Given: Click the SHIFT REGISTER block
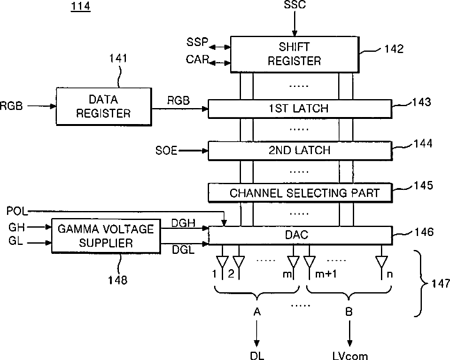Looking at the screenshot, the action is [x=295, y=54].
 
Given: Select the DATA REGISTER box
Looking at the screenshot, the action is [x=104, y=107].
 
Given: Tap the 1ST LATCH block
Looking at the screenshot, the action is [x=300, y=109].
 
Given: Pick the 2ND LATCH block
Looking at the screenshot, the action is [x=300, y=150].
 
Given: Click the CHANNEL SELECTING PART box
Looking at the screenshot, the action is [x=300, y=192].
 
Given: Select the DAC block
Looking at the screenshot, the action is [x=300, y=235].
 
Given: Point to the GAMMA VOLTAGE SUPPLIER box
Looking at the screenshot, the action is [x=106, y=236].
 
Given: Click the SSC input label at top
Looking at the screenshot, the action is [x=295, y=4].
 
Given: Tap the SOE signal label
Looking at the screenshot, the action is [x=166, y=150].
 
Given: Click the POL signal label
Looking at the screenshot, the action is [x=17, y=211].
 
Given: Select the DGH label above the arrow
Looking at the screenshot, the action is [x=183, y=223].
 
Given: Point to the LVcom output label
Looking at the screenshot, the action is [x=350, y=356].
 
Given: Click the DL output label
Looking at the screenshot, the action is [x=257, y=356].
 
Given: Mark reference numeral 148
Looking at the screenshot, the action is [x=118, y=280].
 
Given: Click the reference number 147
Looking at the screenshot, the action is [x=441, y=284].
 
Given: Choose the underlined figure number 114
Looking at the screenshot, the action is [x=81, y=6].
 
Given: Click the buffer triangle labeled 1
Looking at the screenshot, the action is [x=222, y=262].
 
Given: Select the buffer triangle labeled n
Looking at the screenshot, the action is [x=382, y=262].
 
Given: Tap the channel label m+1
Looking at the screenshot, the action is [x=326, y=274].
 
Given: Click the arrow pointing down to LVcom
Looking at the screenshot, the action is [x=350, y=333].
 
